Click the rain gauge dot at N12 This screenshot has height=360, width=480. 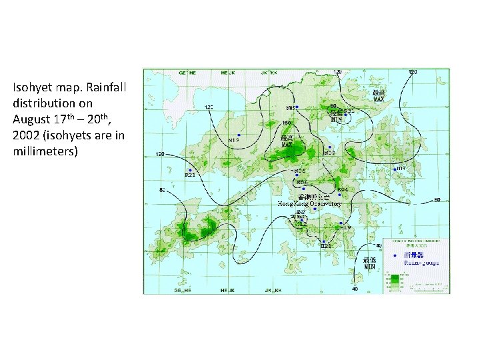click(x=239, y=135)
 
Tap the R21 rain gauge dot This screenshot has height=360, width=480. click(x=191, y=170)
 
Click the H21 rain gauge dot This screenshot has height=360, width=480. click(x=323, y=241)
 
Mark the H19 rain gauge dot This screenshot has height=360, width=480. click(x=341, y=223)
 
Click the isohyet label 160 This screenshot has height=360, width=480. click(x=287, y=123)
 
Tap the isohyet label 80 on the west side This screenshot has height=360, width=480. click(x=161, y=191)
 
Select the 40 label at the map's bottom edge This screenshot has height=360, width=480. click(x=355, y=289)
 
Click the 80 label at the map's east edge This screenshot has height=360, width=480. click(x=437, y=199)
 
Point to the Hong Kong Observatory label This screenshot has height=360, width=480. click(x=309, y=203)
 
